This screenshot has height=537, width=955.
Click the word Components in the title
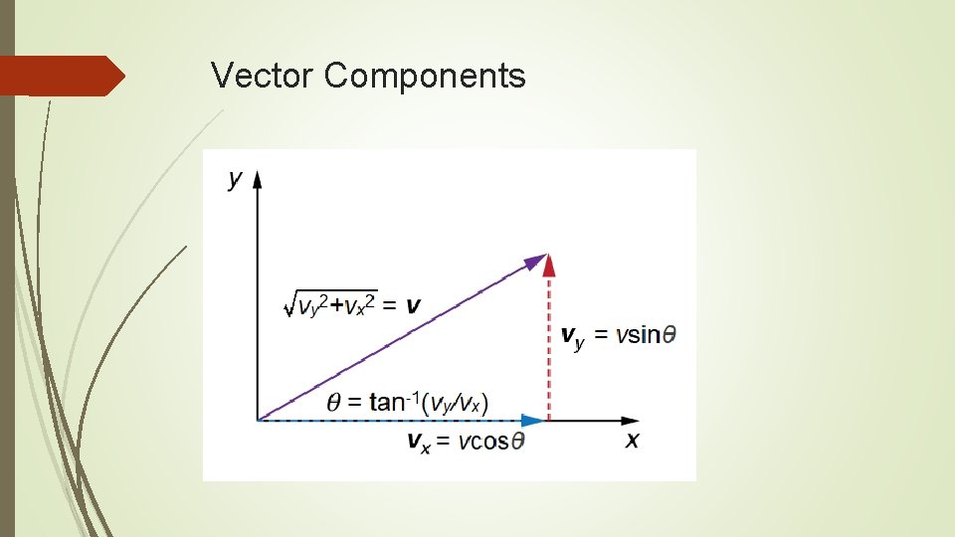coord(425,76)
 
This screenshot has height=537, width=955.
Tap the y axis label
coord(236,180)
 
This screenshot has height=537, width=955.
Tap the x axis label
coord(633,440)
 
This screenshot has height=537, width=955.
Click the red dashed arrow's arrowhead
coord(549,264)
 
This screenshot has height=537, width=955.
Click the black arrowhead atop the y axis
coord(258,179)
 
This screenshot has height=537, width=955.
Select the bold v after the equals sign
coord(412,304)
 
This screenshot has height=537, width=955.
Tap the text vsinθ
coord(645,334)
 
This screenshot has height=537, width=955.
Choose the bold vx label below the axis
coord(419,443)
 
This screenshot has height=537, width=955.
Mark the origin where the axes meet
coord(258,421)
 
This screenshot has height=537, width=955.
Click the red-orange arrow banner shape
coord(60,76)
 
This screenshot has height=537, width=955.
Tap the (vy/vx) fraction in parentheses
coord(456,403)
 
